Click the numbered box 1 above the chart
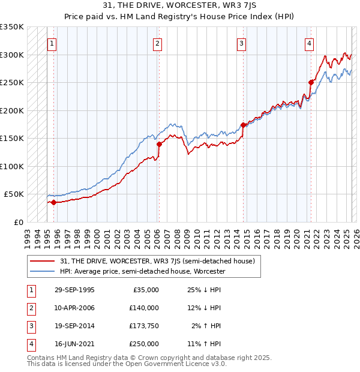click(x=52, y=43)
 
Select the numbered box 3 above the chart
click(x=241, y=43)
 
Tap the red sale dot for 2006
click(x=160, y=144)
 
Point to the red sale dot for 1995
click(x=53, y=202)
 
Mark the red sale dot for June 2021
click(x=311, y=82)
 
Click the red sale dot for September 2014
click(x=243, y=125)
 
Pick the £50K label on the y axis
click(x=14, y=194)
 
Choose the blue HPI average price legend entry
click(x=142, y=271)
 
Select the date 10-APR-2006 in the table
click(x=74, y=308)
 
